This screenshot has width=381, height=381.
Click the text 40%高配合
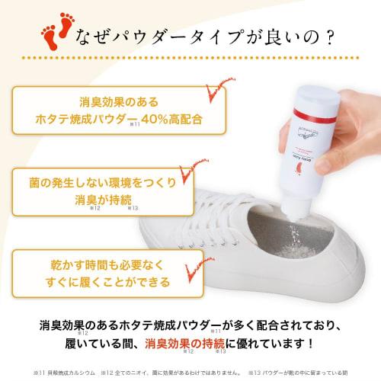pos(168,120)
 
